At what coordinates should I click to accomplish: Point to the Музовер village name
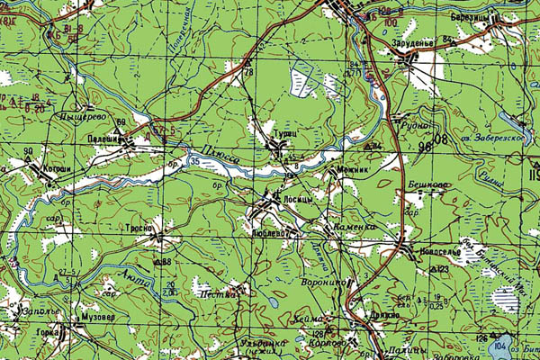click(98, 318)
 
